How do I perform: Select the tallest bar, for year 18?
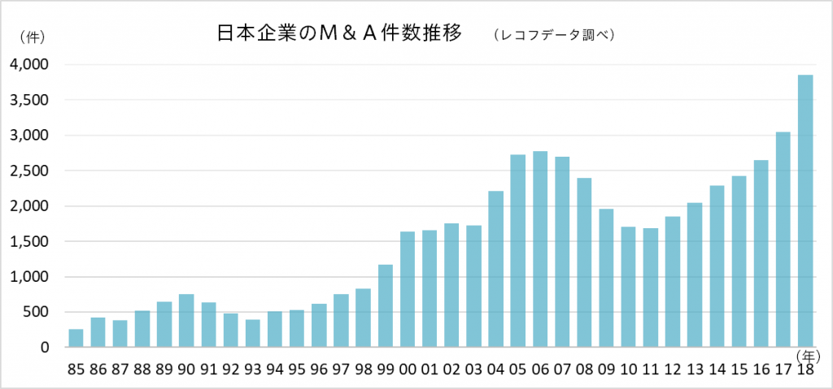pyautogui.click(x=805, y=211)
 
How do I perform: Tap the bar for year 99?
pyautogui.click(x=385, y=305)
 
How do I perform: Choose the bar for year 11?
pyautogui.click(x=650, y=287)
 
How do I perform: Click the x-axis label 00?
pyautogui.click(x=407, y=369)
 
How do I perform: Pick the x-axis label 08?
pyautogui.click(x=583, y=369)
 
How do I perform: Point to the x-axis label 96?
pyautogui.click(x=319, y=369)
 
